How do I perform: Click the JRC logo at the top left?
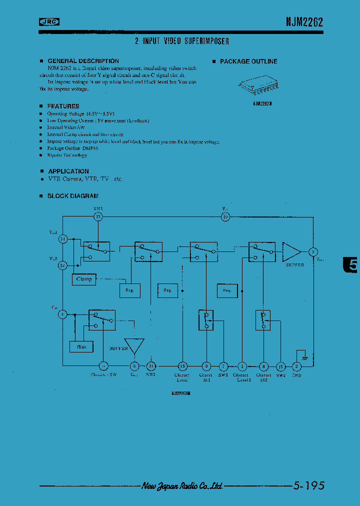click(49, 21)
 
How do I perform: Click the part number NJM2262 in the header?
click(304, 22)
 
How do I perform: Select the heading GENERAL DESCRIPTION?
click(83, 61)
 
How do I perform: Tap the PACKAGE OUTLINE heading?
click(248, 61)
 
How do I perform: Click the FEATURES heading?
click(63, 106)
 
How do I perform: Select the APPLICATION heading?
click(68, 171)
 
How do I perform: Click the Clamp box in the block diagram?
click(84, 279)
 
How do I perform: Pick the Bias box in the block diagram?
click(81, 346)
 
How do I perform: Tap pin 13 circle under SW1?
click(98, 216)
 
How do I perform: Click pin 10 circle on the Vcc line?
click(225, 216)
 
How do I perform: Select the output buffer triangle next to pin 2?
click(292, 251)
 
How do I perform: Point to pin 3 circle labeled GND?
click(296, 366)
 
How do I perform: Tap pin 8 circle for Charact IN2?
click(263, 366)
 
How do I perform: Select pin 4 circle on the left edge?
click(62, 314)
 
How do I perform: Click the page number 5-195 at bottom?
click(308, 485)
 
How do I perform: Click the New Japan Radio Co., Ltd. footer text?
click(182, 485)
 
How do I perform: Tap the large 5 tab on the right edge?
click(352, 265)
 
